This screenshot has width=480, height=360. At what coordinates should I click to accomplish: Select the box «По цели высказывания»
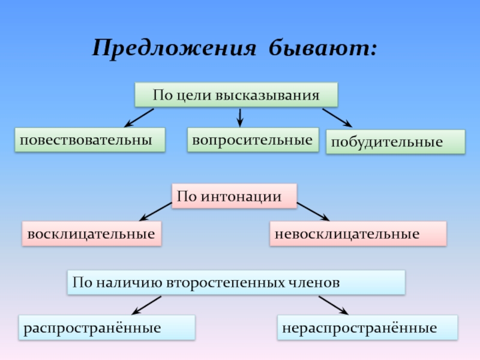[236, 95]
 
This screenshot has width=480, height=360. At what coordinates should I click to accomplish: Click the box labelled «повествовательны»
[90, 140]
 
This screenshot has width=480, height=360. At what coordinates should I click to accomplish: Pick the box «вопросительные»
[253, 140]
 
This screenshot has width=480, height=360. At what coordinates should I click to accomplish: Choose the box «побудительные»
[395, 143]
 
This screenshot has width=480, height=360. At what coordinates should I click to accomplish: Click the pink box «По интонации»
[235, 196]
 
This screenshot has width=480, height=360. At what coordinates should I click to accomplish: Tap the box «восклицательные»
[92, 233]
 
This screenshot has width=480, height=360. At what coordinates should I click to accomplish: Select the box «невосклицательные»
[358, 233]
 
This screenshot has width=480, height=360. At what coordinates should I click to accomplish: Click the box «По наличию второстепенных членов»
[236, 282]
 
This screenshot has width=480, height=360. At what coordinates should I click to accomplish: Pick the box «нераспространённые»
[367, 328]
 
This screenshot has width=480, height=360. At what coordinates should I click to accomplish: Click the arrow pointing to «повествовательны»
[139, 118]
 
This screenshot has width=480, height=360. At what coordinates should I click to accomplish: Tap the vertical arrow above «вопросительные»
[240, 116]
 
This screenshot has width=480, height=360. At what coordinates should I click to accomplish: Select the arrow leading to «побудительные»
[337, 118]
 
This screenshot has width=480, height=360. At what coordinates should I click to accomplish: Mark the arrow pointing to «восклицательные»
[155, 211]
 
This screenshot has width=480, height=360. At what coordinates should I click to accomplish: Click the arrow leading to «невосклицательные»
[313, 211]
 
